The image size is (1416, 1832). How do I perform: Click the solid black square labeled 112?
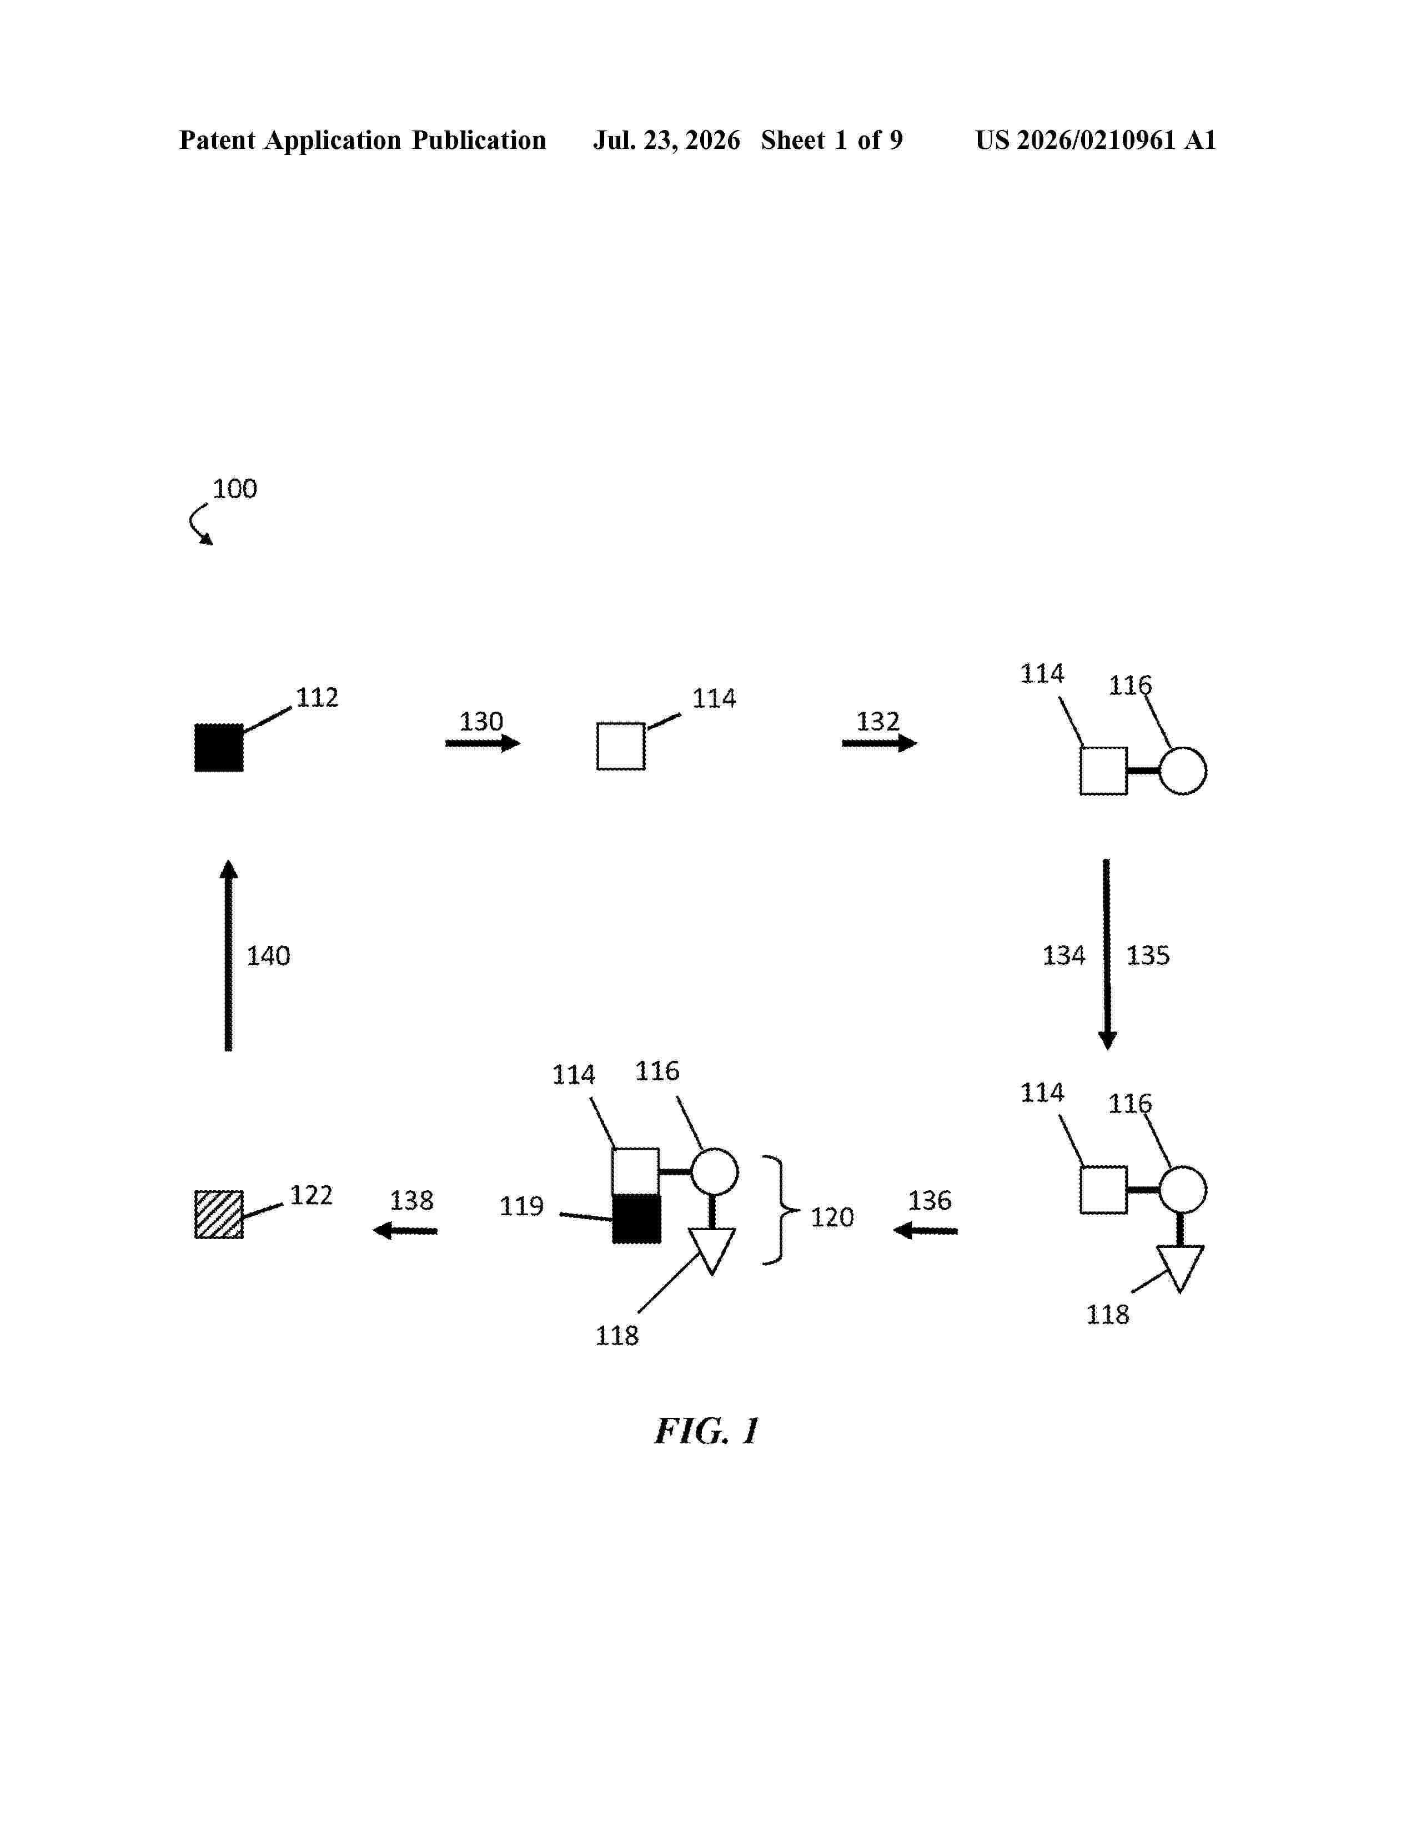click(219, 747)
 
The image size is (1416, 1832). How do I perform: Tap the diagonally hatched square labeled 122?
click(219, 1215)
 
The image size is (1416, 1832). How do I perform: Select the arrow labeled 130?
click(483, 743)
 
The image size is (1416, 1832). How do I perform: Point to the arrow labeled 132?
click(879, 743)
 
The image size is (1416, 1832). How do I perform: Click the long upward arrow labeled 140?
click(228, 955)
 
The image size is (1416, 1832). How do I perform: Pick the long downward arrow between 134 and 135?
click(1107, 955)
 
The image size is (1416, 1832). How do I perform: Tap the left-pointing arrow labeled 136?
click(925, 1231)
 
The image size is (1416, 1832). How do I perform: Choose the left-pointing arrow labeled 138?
click(405, 1231)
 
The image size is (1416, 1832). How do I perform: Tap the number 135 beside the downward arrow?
click(1148, 955)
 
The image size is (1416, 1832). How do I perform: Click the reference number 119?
click(522, 1206)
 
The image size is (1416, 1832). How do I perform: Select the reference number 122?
click(311, 1195)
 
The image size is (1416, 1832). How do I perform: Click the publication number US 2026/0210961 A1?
click(1096, 140)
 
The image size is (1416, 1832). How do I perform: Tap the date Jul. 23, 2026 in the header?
click(667, 140)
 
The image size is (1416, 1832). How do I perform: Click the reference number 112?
click(317, 698)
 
